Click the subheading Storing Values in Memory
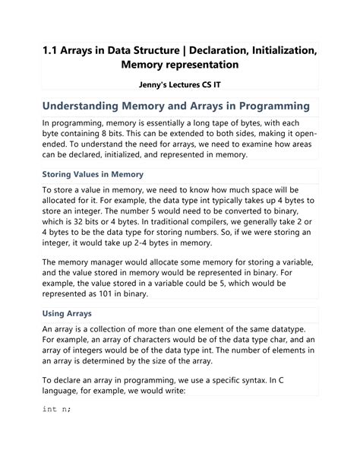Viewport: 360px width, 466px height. click(x=93, y=173)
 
